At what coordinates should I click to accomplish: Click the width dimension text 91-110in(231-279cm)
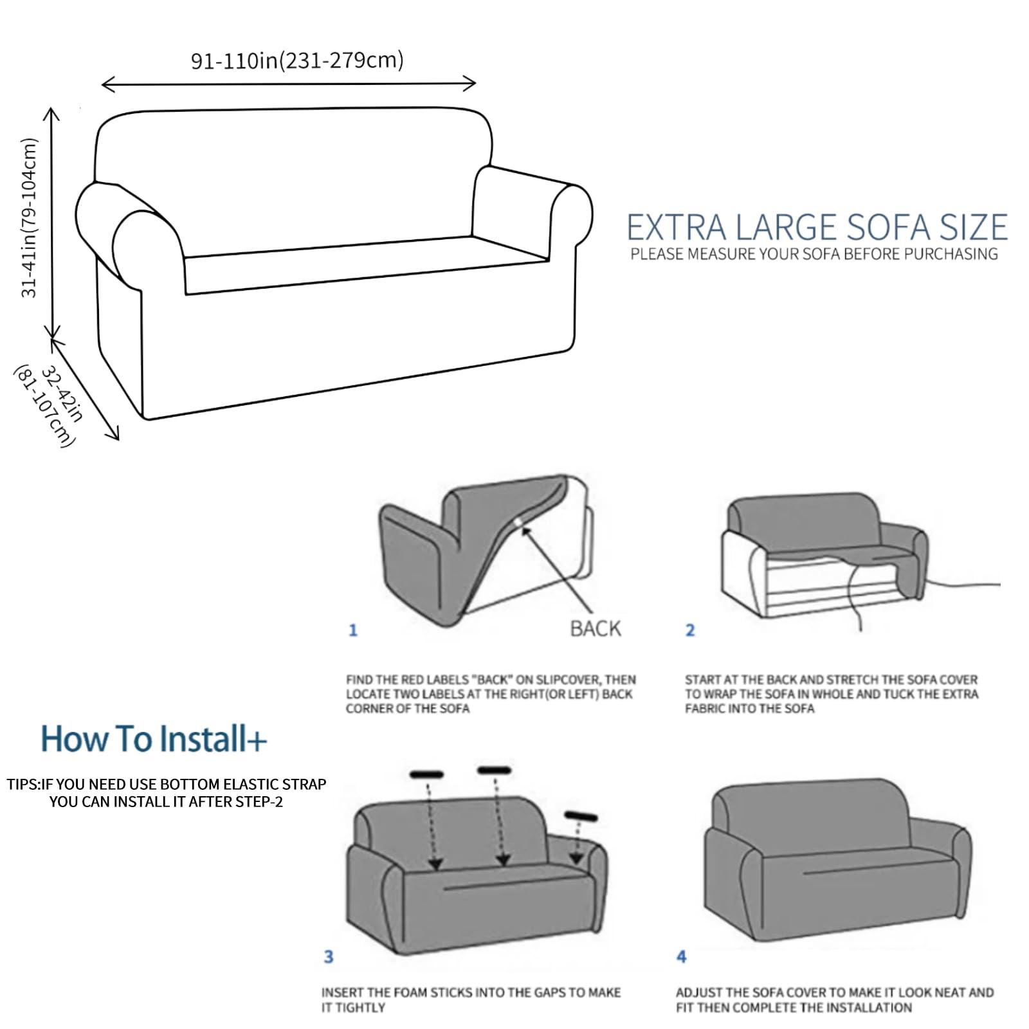pyautogui.click(x=297, y=60)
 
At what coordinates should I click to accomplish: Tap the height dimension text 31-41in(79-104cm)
pyautogui.click(x=30, y=218)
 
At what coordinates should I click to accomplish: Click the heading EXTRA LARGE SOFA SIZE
pyautogui.click(x=817, y=228)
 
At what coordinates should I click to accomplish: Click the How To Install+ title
pyautogui.click(x=153, y=738)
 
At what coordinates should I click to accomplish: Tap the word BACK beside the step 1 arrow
pyautogui.click(x=596, y=628)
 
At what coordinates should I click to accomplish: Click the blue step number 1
pyautogui.click(x=352, y=630)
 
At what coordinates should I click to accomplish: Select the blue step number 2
pyautogui.click(x=690, y=630)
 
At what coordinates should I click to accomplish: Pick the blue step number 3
pyautogui.click(x=329, y=957)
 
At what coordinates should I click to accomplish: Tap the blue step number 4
pyautogui.click(x=682, y=957)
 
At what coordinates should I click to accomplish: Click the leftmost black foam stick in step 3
pyautogui.click(x=426, y=774)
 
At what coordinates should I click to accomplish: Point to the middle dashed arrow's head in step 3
pyautogui.click(x=503, y=860)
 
